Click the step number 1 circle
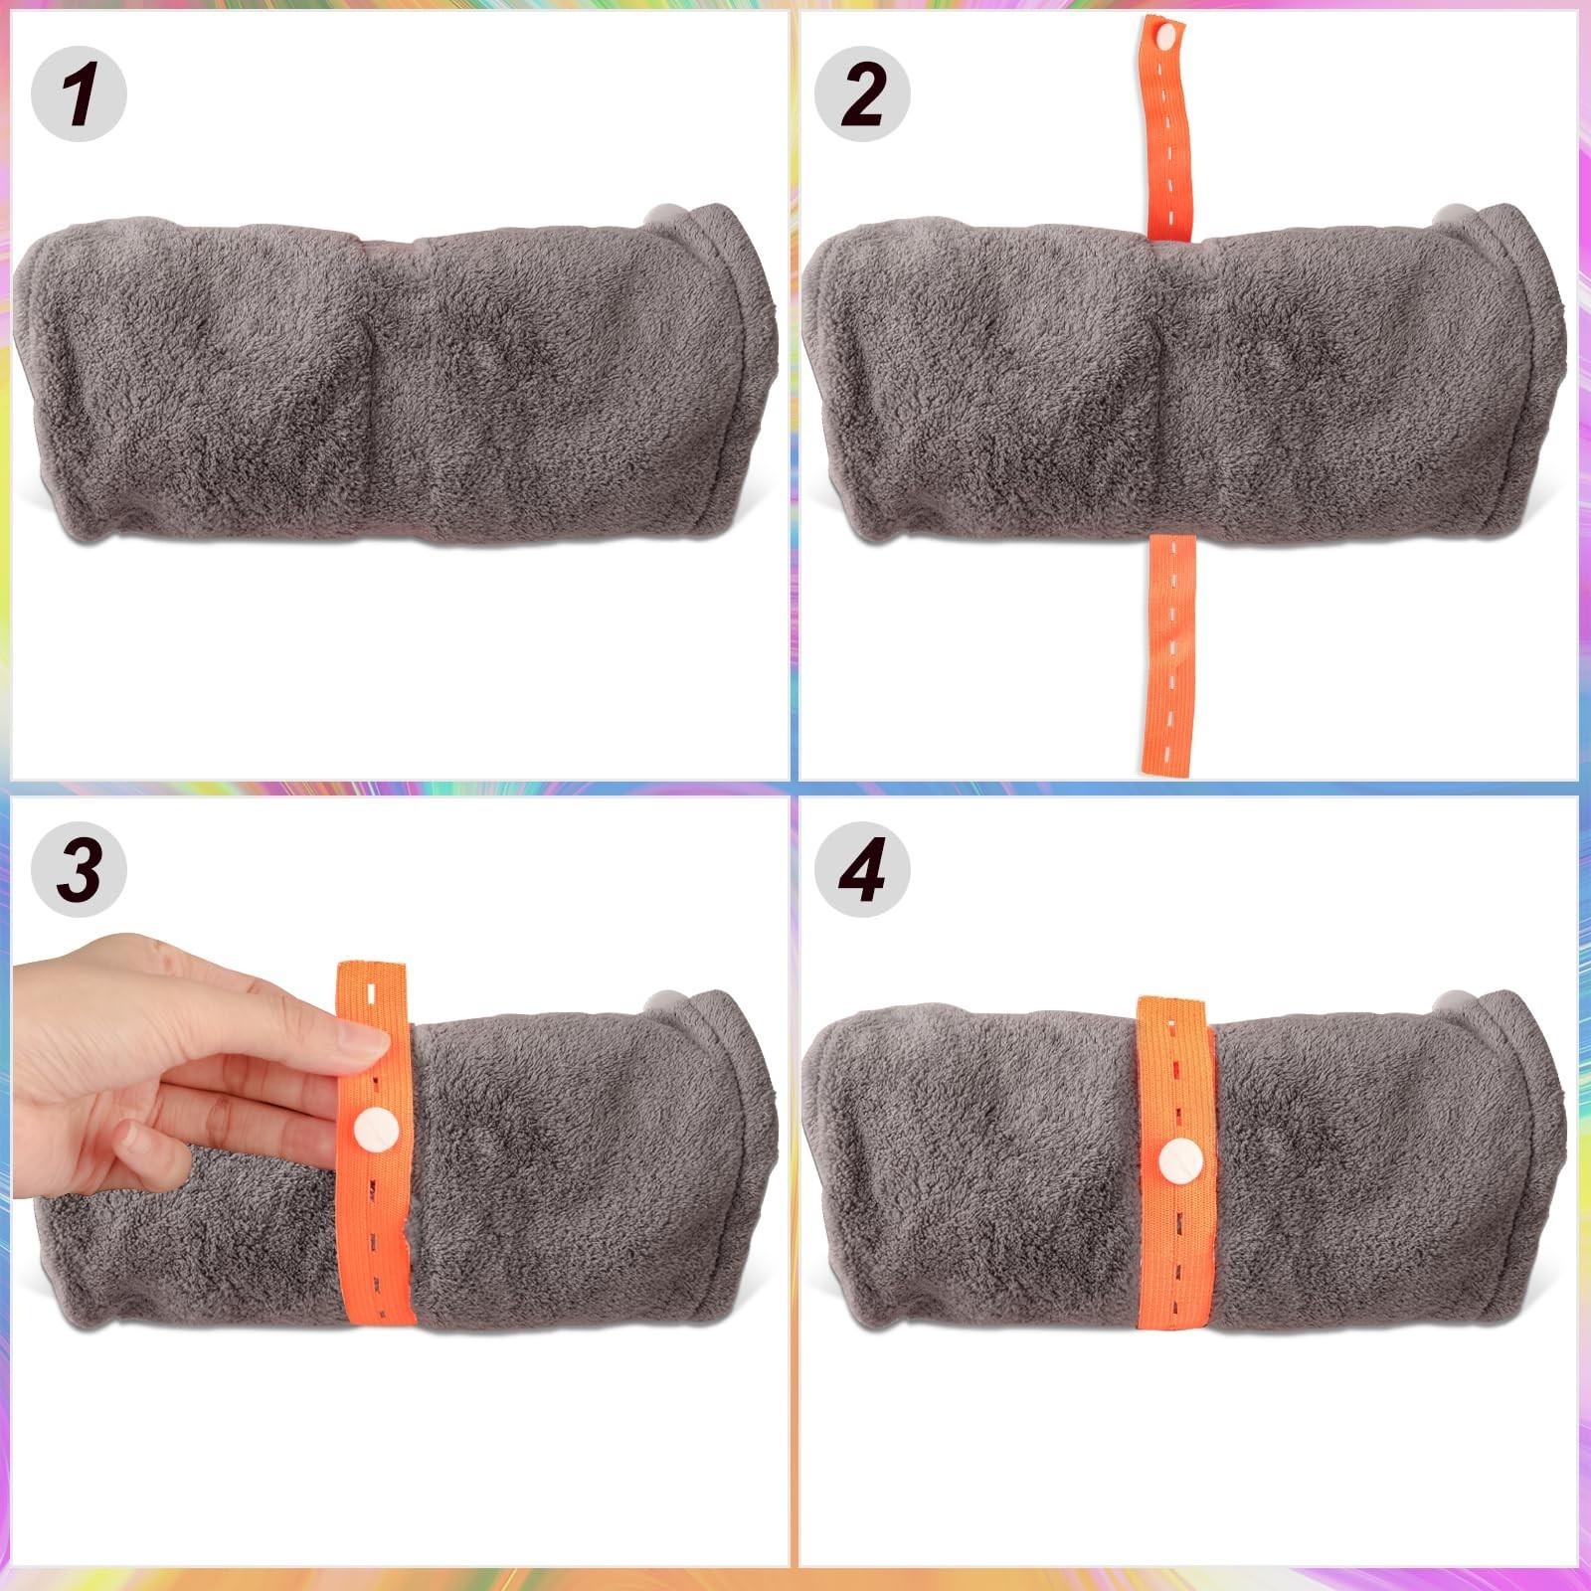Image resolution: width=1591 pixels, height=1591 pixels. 79,93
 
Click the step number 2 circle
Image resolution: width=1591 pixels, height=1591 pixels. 862,93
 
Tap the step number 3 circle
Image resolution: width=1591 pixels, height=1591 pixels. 79,869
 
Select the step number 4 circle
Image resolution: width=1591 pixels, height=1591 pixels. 862,869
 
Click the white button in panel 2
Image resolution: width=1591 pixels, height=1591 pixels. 1164,38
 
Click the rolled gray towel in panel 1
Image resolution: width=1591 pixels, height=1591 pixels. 388,378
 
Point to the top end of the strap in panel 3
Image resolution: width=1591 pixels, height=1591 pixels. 373,970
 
